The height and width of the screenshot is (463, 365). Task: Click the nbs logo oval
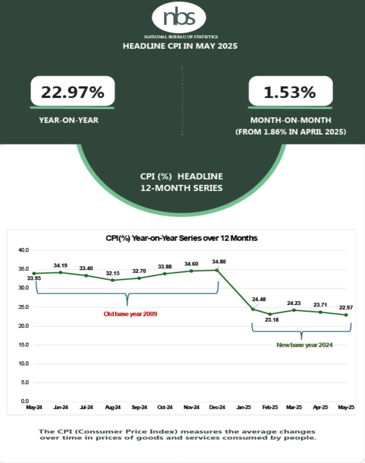(179, 18)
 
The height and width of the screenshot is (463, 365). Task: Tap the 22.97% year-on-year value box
(73, 92)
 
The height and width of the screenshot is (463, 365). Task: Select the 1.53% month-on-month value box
(290, 92)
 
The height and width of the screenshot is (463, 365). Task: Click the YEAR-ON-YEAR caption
(69, 120)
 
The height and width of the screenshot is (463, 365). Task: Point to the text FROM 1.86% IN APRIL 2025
(291, 132)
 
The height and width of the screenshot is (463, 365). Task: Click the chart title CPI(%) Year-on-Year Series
(182, 238)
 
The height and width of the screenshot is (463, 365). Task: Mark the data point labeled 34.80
(217, 270)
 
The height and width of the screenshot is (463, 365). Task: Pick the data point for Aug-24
(113, 280)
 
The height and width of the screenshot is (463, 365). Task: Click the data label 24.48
(259, 299)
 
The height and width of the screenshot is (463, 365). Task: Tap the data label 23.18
(272, 320)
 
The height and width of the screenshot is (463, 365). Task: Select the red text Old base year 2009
(130, 314)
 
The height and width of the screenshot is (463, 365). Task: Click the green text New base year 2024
(304, 345)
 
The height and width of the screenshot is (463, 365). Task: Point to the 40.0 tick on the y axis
(24, 250)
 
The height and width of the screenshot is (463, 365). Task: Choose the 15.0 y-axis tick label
(24, 345)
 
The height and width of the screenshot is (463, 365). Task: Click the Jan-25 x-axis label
(244, 407)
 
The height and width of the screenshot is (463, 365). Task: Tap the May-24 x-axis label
(34, 407)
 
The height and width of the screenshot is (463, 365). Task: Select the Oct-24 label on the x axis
(165, 407)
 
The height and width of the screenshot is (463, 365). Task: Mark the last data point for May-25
(346, 315)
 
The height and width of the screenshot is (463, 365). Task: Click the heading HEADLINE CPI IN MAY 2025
(180, 46)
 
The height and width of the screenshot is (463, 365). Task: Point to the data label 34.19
(60, 266)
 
